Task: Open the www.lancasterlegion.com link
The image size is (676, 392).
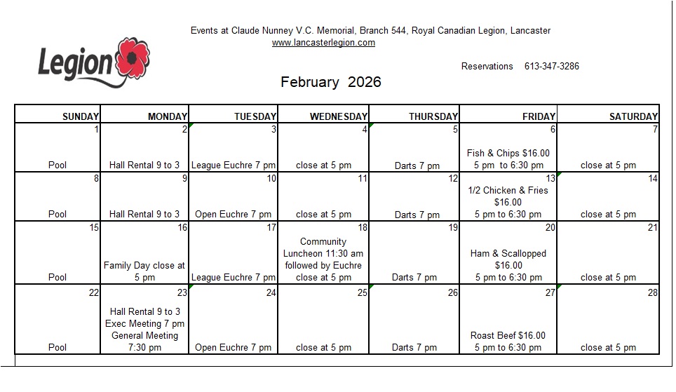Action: pos(323,43)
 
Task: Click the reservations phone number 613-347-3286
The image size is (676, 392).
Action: pos(551,67)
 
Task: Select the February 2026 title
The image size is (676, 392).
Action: pos(331,82)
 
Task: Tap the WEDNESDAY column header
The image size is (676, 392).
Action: pos(338,116)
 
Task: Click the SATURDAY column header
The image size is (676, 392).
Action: pos(633,116)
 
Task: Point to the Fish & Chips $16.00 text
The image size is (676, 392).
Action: pos(508,153)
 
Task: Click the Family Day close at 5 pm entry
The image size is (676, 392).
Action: pos(144,271)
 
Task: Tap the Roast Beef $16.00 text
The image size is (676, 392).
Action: pos(508,335)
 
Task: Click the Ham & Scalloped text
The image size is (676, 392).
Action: pos(508,253)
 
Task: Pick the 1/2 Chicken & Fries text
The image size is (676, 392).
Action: pos(508,190)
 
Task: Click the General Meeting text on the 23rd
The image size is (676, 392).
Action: pos(144,335)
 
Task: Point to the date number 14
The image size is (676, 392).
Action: pos(653,179)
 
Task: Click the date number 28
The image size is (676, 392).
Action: pos(653,293)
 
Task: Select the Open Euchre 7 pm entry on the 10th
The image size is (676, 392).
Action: pos(233,215)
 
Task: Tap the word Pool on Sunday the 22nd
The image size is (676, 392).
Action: pos(58,347)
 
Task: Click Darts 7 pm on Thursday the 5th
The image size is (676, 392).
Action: pos(417,166)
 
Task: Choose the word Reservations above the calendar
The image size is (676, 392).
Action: pos(487,67)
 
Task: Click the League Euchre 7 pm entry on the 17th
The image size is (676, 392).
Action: pos(233,278)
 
